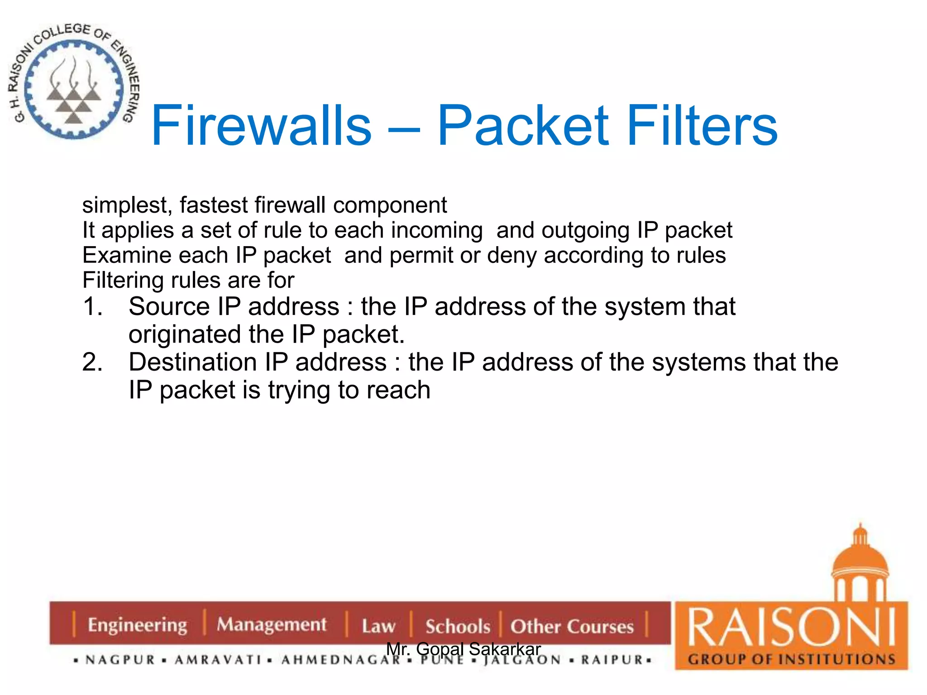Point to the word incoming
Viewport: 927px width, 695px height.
[x=437, y=231]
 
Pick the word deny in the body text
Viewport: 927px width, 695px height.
[x=513, y=256]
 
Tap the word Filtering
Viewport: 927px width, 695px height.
[x=123, y=281]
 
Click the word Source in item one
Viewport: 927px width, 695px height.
[x=169, y=307]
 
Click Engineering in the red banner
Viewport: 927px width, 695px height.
[x=138, y=625]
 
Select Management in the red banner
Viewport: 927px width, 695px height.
[x=271, y=625]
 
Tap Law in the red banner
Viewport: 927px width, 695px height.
[x=378, y=627]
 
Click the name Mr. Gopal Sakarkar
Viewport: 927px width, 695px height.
[x=463, y=649]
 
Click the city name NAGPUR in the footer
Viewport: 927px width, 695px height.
[x=120, y=660]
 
